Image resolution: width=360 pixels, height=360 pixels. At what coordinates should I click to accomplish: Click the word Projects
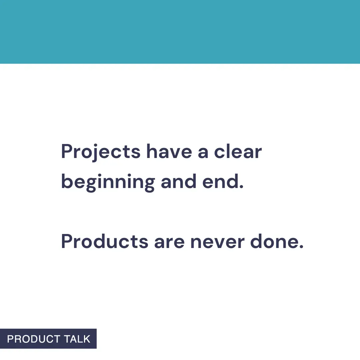pos(101,152)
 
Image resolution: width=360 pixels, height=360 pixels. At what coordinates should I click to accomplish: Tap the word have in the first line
pos(169,152)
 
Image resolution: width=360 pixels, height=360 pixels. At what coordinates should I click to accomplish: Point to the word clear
pos(238,152)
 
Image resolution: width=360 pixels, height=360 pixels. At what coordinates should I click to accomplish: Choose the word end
pos(221,182)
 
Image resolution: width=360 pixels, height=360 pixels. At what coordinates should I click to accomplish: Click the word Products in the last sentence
pos(105,242)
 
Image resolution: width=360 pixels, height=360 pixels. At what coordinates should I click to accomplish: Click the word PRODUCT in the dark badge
pos(33,339)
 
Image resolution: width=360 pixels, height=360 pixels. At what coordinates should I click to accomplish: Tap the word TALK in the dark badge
pos(77,339)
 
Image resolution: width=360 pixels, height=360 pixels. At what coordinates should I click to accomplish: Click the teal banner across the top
pos(180,32)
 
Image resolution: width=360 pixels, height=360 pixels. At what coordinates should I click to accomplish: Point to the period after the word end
pos(242,187)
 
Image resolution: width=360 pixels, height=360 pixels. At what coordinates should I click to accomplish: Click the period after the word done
pos(301,247)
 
